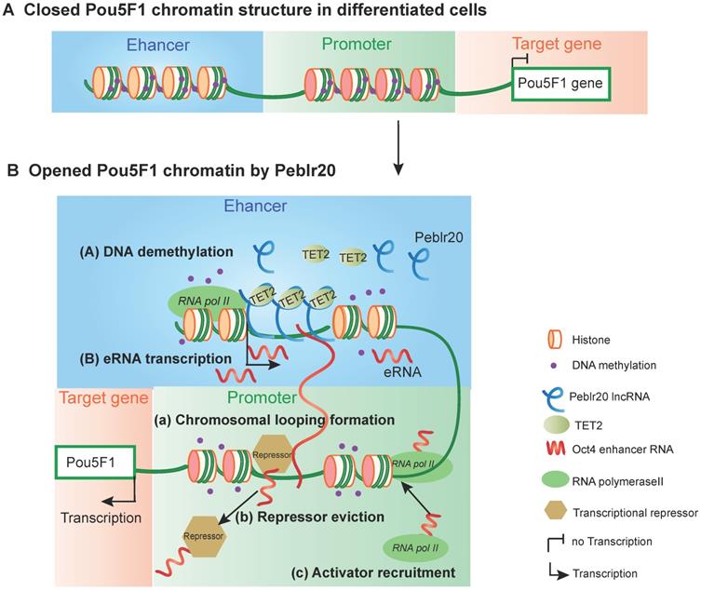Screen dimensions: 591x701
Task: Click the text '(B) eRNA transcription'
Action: pos(140,356)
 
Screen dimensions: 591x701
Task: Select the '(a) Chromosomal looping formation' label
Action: pos(274,421)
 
